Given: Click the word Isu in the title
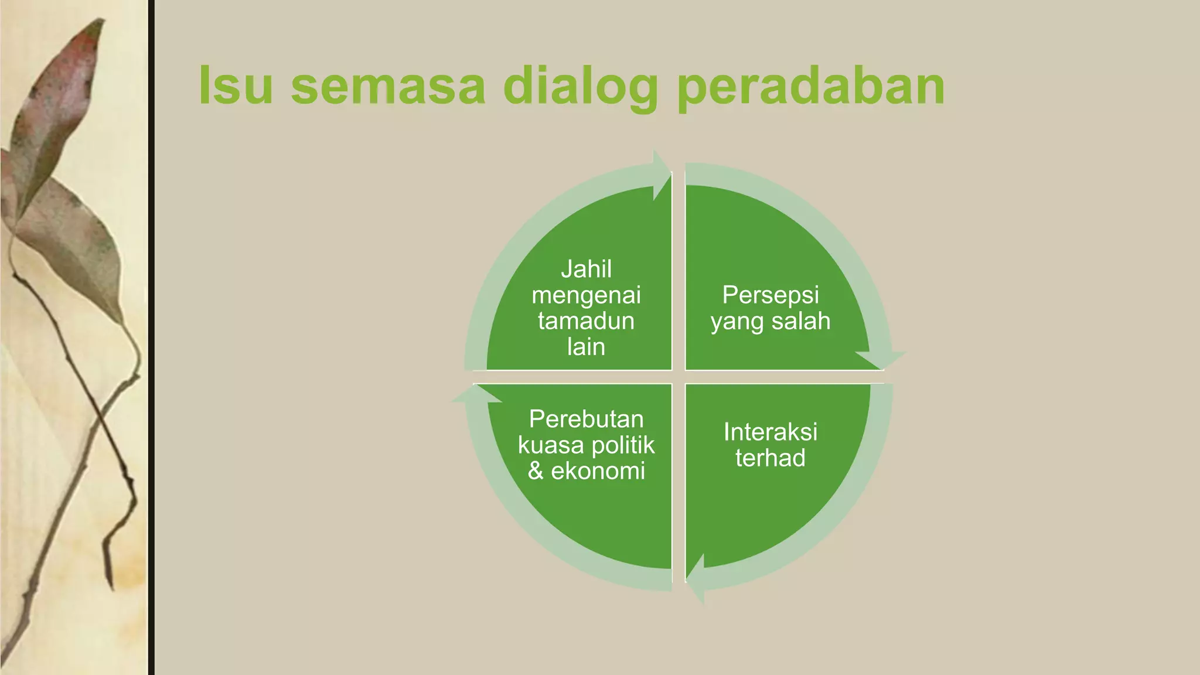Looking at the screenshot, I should click(x=236, y=86).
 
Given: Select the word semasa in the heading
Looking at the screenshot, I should click(x=388, y=86).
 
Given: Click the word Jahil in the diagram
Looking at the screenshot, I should click(x=586, y=269).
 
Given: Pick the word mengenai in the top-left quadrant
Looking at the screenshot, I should click(x=586, y=295).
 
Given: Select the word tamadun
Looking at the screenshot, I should click(x=586, y=321).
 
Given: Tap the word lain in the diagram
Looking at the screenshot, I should click(x=586, y=347).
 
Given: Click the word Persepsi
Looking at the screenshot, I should click(x=770, y=295).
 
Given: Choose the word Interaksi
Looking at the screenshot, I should click(x=770, y=432).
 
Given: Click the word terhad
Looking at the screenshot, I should click(x=770, y=458).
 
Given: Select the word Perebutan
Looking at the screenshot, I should click(x=586, y=419).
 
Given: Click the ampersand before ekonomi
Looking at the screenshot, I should click(x=536, y=471).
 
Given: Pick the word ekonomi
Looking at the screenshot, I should click(x=598, y=471).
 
